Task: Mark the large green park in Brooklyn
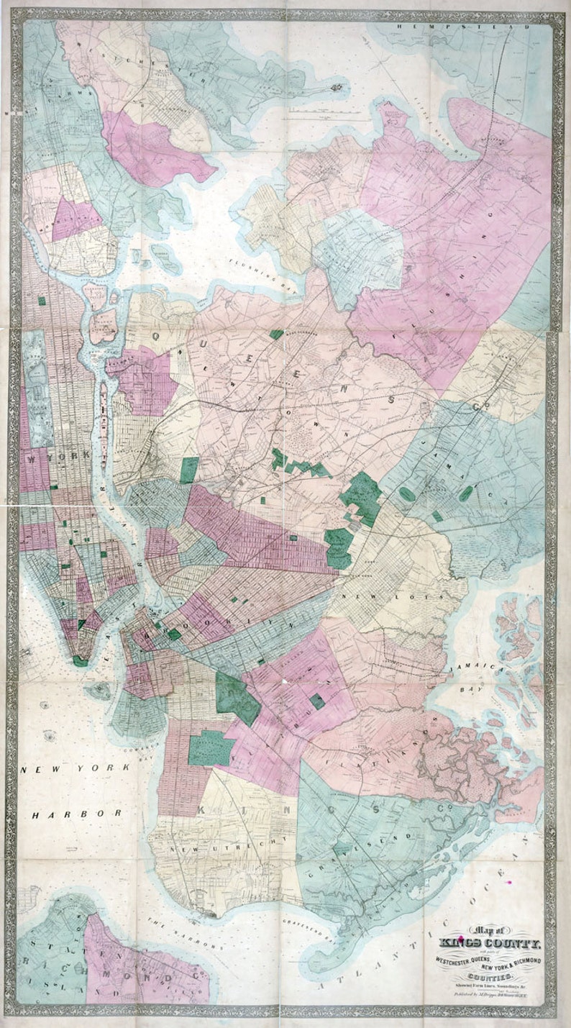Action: (x=237, y=698)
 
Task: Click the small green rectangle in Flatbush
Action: (x=317, y=701)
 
